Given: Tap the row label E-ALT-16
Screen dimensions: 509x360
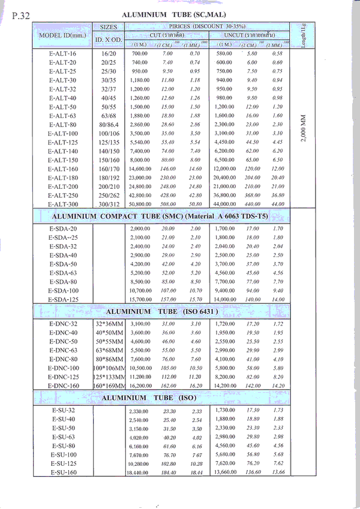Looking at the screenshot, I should (x=62, y=54).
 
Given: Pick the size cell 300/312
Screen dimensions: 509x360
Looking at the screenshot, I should (x=109, y=204).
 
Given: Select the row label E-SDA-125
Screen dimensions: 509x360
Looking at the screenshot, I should (x=63, y=299).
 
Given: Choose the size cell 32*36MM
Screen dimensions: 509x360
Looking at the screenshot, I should (x=109, y=324).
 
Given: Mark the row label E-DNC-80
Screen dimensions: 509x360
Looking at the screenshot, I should (x=63, y=359).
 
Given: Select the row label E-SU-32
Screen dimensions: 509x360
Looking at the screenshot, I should (x=63, y=411).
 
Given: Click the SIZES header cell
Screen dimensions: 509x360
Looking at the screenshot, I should (x=109, y=28).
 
